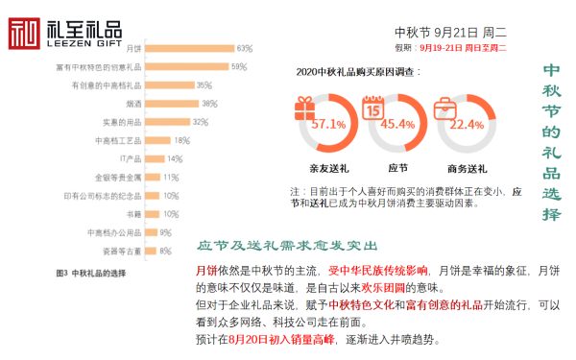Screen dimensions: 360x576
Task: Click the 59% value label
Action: point(238,66)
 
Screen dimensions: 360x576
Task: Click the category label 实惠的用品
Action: point(122,122)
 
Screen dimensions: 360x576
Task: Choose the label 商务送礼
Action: point(466,169)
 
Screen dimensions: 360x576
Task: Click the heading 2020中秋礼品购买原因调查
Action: point(358,71)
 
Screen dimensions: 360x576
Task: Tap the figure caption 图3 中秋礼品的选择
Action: point(91,274)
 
